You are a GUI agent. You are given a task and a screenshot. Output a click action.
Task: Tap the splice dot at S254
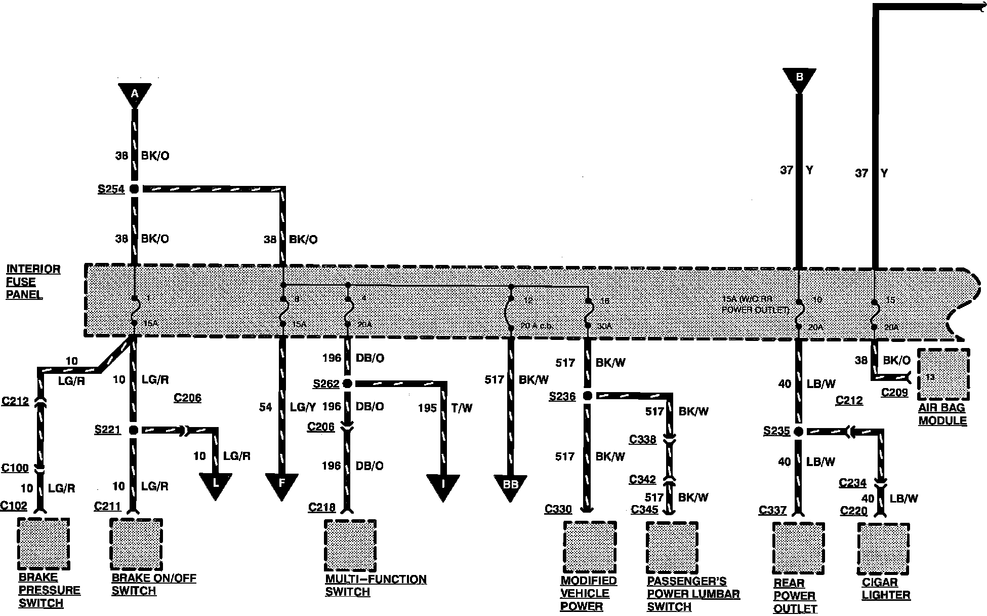(134, 189)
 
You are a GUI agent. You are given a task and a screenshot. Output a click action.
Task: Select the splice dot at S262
(347, 383)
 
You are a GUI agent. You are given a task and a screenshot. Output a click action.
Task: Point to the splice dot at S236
(588, 396)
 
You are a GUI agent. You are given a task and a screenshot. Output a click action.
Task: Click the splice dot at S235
(798, 432)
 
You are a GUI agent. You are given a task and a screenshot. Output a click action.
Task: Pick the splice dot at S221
(134, 430)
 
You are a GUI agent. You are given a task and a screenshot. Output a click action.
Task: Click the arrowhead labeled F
(281, 485)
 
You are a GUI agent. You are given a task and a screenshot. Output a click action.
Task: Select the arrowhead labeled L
(216, 484)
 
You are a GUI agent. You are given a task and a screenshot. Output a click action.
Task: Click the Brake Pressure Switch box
(43, 544)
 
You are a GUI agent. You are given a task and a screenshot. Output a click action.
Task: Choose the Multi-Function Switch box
(350, 545)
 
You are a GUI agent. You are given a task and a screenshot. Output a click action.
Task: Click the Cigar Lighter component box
(883, 549)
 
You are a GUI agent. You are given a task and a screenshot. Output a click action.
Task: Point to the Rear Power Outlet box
(798, 549)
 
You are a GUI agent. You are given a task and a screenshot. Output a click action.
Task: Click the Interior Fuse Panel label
(33, 282)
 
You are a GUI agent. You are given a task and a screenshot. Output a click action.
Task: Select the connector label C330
(558, 509)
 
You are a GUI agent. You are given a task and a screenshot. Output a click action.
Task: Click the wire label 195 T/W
(445, 408)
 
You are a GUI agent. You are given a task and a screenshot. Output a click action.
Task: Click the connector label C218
(322, 507)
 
